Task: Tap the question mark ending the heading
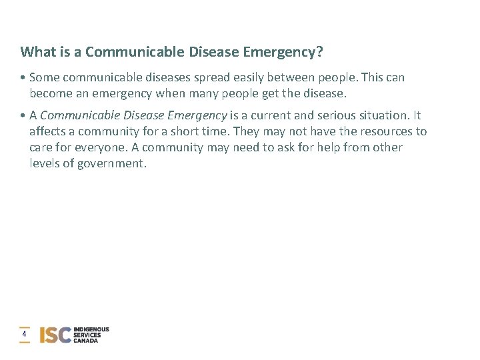coord(320,52)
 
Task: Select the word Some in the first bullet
coord(45,77)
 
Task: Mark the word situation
coord(385,116)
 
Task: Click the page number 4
coord(25,334)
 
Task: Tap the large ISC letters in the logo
coord(55,335)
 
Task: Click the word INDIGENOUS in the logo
coord(91,329)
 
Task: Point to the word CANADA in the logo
coord(86,341)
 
